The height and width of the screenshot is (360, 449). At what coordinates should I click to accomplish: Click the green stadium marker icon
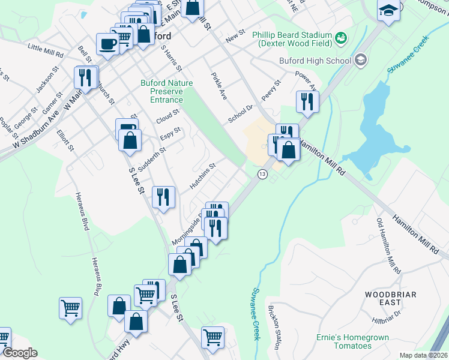pyautogui.click(x=342, y=38)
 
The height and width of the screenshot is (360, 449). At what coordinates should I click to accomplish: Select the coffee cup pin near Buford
pyautogui.click(x=107, y=44)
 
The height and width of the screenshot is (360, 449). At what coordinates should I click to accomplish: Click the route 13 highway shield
pyautogui.click(x=262, y=173)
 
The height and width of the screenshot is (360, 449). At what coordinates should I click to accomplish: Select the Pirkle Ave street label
pyautogui.click(x=218, y=86)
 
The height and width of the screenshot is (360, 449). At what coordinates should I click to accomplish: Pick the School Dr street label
pyautogui.click(x=241, y=112)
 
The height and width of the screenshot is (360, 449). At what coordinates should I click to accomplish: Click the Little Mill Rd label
pyautogui.click(x=46, y=50)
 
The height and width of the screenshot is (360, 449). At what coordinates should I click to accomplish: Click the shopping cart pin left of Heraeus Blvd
pyautogui.click(x=70, y=308)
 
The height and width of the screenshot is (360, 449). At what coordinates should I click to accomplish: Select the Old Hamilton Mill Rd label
pyautogui.click(x=388, y=245)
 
